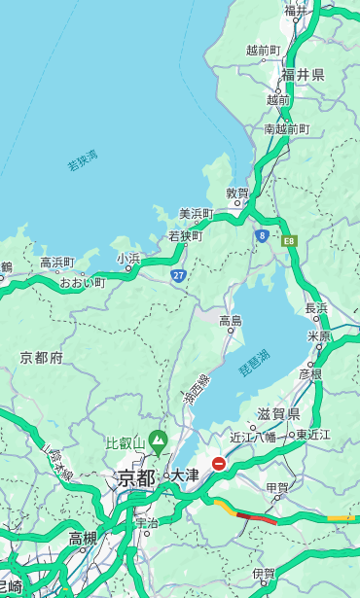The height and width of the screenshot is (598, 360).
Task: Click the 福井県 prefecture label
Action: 303,75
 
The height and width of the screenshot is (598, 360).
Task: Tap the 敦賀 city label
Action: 238,193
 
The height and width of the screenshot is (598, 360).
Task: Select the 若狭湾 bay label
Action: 83,160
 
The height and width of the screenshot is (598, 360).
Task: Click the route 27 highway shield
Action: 178,276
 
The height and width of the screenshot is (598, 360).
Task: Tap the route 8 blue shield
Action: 262,235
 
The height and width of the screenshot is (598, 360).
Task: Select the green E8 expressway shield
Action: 289,238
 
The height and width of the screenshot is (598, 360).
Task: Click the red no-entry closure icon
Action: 220,464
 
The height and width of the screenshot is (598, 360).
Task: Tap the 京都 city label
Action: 136,477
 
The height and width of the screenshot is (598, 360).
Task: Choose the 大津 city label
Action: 184,475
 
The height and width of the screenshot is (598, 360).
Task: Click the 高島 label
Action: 231,321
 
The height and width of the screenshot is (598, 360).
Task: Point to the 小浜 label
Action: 127,259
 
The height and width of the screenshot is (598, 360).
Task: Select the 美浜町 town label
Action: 196,214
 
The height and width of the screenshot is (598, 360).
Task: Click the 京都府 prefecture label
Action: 41,358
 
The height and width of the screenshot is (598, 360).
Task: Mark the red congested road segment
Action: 257,518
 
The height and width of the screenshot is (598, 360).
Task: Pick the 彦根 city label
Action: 310,373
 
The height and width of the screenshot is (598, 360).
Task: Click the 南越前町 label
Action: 286,128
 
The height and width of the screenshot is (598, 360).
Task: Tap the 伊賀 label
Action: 264,574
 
